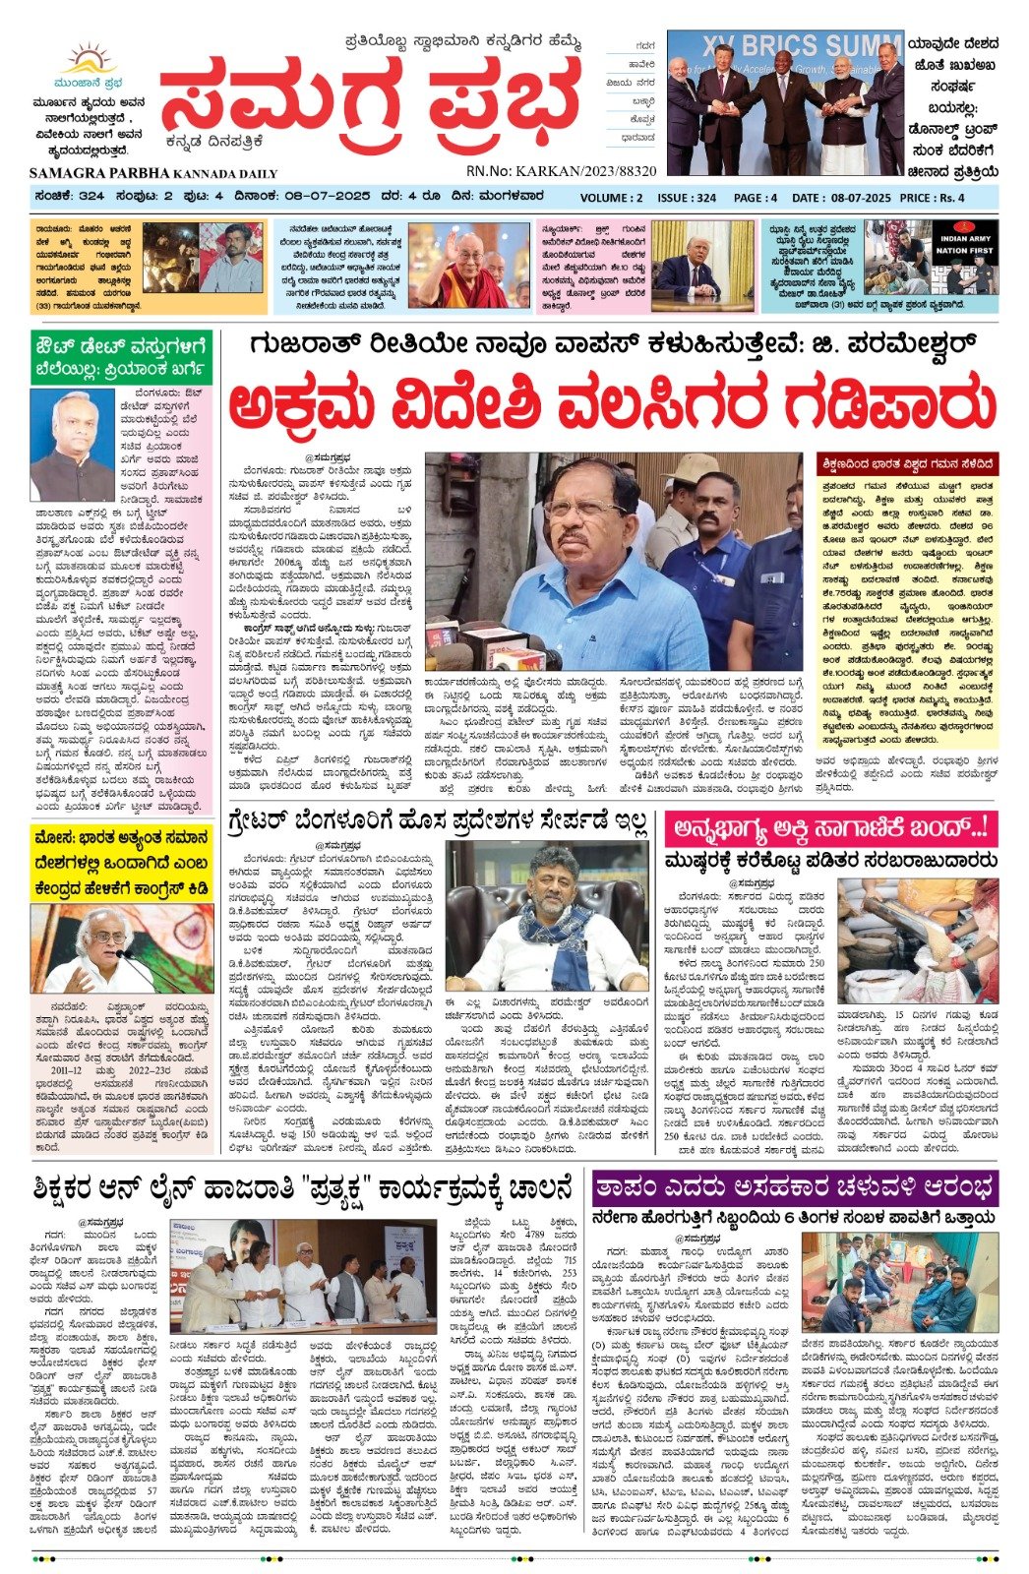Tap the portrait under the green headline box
[73, 445]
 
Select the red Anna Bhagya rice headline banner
[830, 827]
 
